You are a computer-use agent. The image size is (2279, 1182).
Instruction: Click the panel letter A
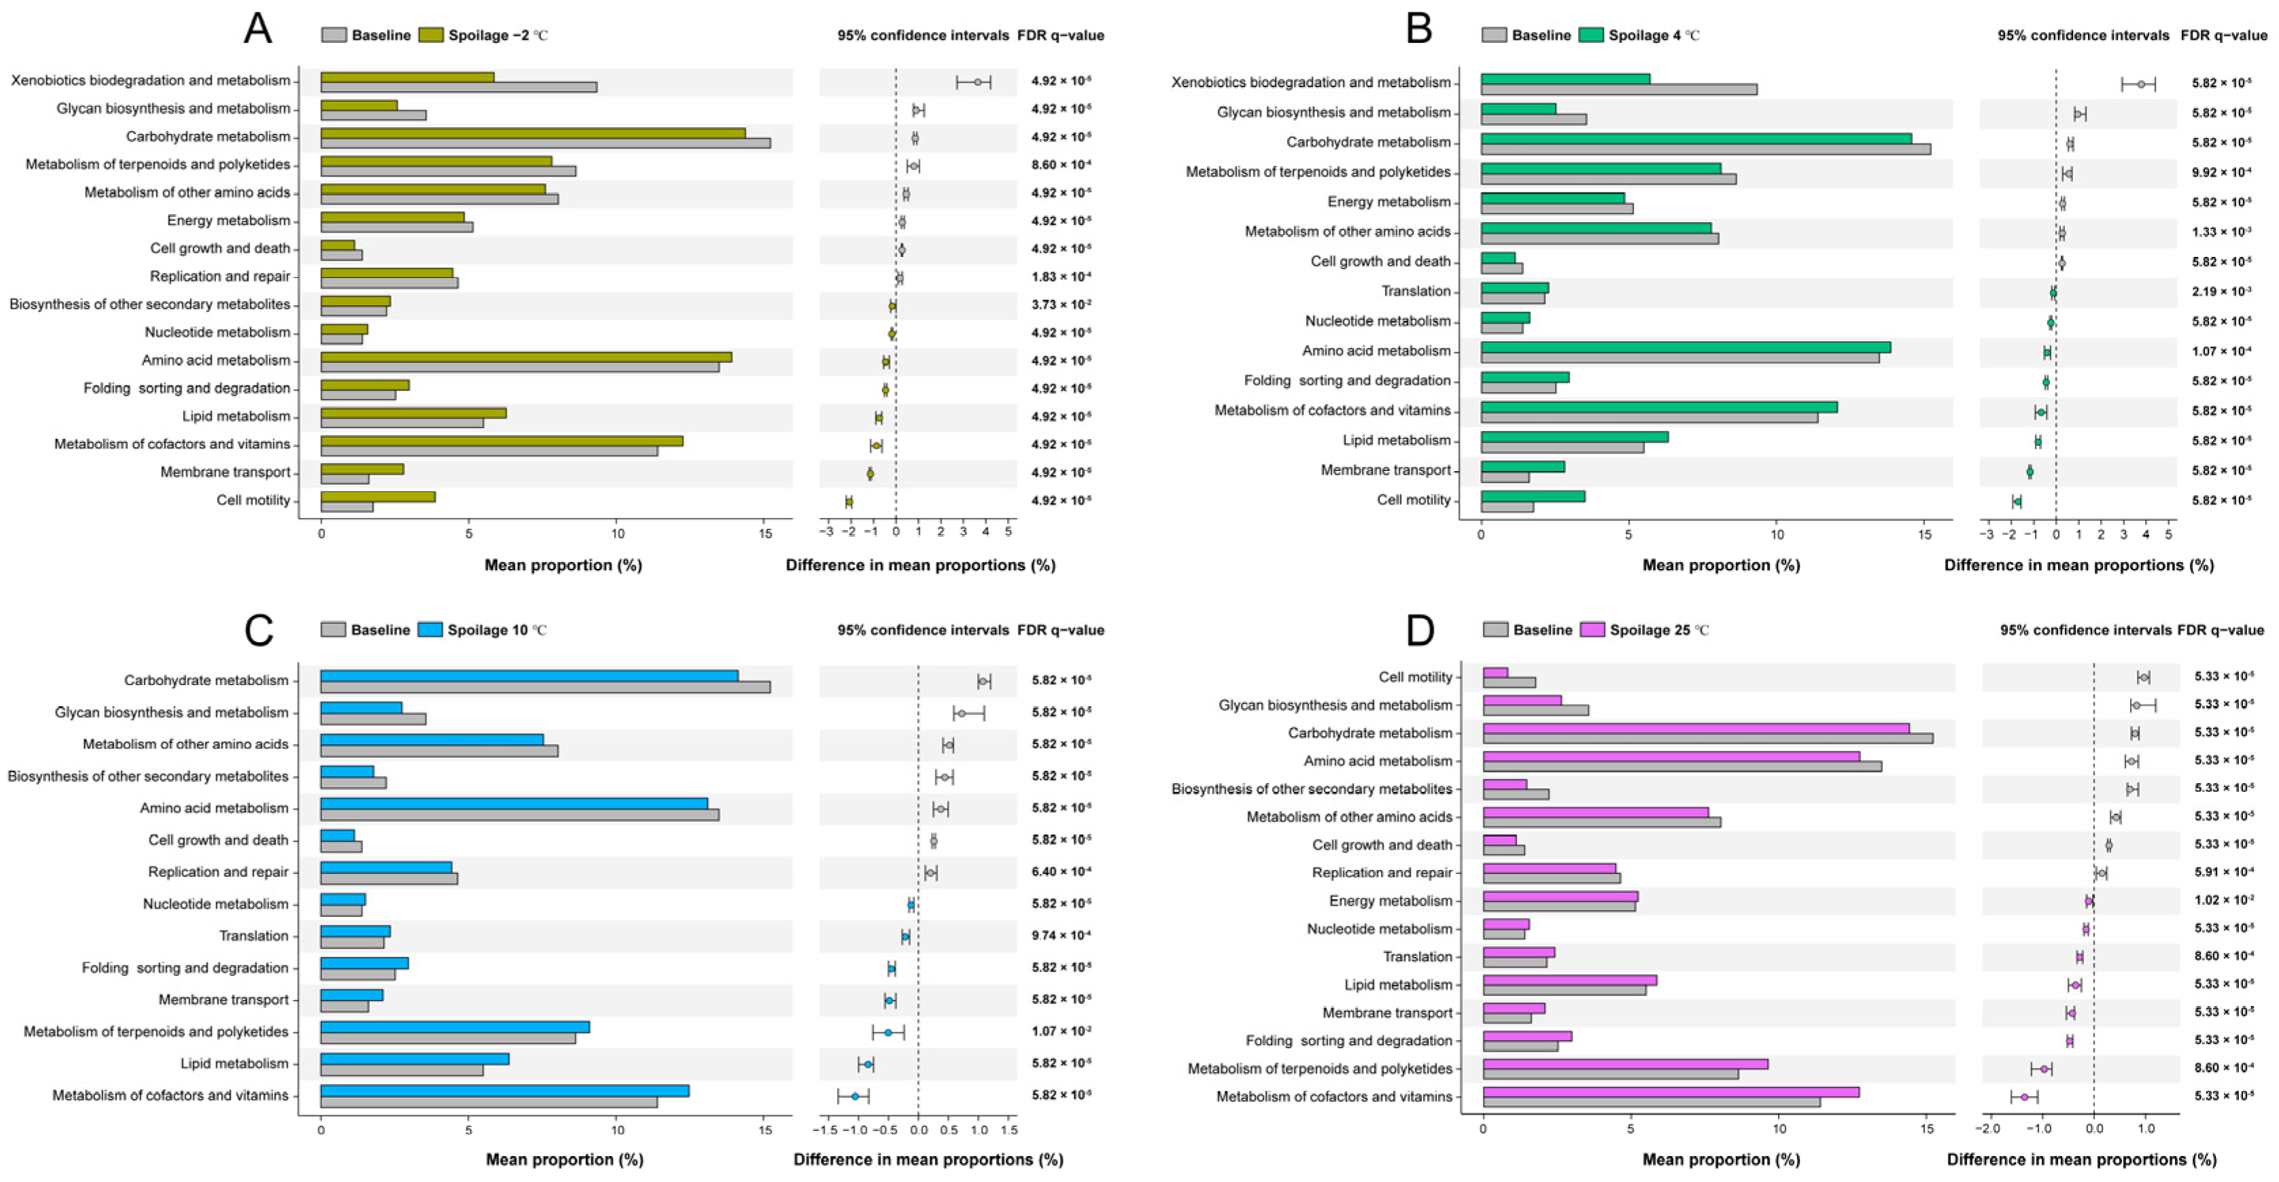258,29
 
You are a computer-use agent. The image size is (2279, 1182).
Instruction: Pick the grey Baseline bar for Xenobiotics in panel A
458,88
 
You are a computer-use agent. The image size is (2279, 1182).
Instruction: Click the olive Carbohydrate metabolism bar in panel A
532,133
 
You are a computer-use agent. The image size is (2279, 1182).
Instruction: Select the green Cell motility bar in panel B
1532,496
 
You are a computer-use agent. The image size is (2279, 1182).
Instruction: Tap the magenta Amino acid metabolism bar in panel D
1671,757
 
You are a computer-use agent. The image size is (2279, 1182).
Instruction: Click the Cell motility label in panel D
1415,677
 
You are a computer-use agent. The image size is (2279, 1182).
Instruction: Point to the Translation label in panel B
1416,291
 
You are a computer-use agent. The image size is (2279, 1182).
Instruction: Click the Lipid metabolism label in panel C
235,1064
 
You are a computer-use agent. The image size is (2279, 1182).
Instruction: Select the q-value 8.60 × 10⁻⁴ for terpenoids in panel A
1061,164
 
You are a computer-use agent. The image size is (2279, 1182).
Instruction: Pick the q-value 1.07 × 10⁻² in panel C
1061,1032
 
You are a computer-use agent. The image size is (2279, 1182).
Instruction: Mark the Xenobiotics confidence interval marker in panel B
2140,84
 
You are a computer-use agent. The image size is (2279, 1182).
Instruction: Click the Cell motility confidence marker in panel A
849,502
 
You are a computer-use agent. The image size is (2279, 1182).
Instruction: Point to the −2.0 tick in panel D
1988,1130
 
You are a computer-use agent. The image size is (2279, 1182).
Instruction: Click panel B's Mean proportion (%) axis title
1721,566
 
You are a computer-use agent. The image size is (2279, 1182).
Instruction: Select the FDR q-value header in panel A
1060,35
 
